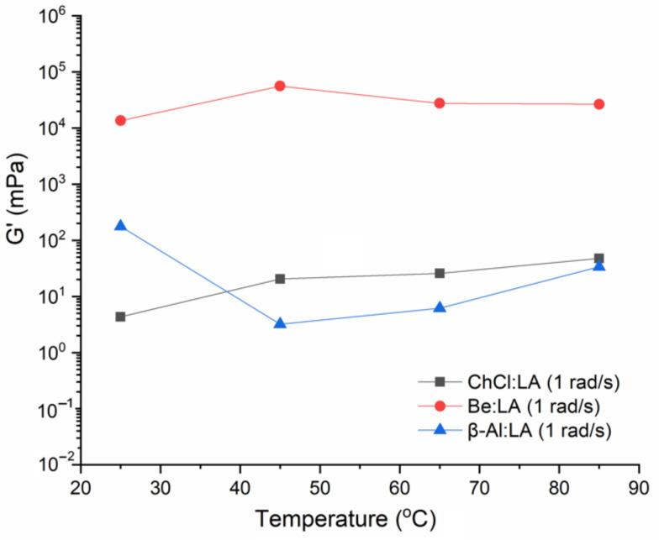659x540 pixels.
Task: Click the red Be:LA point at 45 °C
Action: [280, 86]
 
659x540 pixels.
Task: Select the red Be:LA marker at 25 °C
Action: [120, 120]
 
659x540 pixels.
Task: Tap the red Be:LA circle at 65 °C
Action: [440, 103]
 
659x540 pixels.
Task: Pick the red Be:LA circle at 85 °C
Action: [599, 104]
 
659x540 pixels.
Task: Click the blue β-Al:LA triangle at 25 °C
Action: [120, 225]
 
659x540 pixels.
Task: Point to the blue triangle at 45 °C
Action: [280, 323]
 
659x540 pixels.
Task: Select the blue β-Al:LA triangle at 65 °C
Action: [440, 307]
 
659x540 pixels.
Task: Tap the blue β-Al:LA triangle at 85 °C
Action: [599, 265]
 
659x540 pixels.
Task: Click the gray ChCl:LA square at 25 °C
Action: [120, 317]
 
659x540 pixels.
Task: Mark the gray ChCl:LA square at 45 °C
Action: [280, 279]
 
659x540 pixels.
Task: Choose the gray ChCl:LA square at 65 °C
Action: [440, 273]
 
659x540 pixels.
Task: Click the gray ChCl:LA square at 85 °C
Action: [599, 259]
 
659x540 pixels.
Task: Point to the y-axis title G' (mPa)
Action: [18, 240]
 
